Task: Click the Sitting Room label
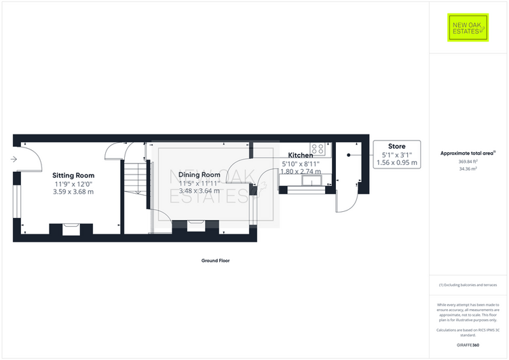(x=73, y=175)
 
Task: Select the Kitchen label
(x=301, y=156)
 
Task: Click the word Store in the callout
(x=396, y=146)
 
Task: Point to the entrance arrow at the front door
(x=14, y=159)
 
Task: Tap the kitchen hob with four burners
(x=317, y=147)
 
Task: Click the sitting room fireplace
(x=71, y=228)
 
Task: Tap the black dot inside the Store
(x=349, y=156)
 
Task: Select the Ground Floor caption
(x=215, y=260)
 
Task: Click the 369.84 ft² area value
(x=468, y=161)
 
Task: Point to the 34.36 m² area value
(x=468, y=168)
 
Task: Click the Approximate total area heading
(x=468, y=153)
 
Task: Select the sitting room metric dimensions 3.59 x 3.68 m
(x=73, y=192)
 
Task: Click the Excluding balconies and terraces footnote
(x=468, y=285)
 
